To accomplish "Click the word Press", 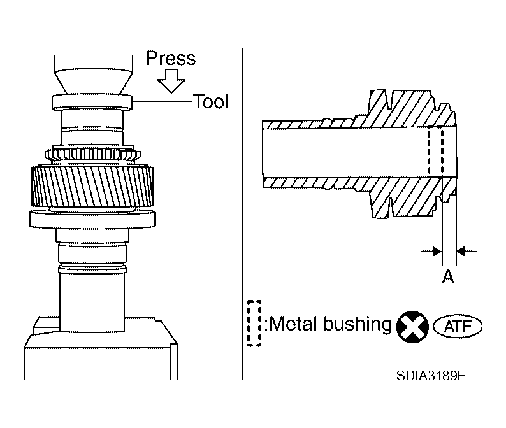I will [171, 59].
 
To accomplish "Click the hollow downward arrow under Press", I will [171, 81].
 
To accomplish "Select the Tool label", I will [211, 101].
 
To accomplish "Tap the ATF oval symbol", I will [458, 327].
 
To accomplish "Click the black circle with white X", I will [413, 327].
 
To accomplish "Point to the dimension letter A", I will [448, 278].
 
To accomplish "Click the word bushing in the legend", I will [358, 325].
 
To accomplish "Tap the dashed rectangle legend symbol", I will [254, 323].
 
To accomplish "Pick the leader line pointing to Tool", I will [162, 101].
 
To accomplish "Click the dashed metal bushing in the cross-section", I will [435, 153].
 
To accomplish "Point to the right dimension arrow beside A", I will [466, 252].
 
